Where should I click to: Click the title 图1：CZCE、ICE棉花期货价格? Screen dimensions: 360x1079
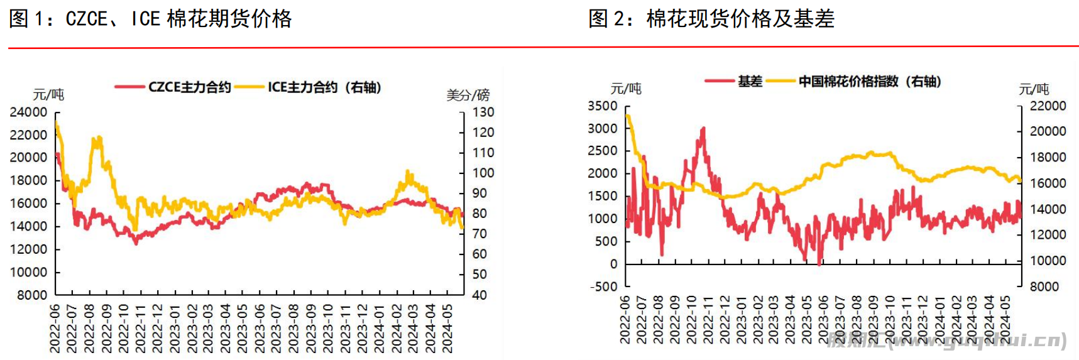[x=150, y=19]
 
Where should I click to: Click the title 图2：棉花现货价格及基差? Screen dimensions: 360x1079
[x=711, y=19]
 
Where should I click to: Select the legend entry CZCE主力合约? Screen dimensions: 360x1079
[x=189, y=87]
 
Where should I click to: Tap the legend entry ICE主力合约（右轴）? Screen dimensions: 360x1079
[x=324, y=87]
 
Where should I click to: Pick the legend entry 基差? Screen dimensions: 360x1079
[x=750, y=81]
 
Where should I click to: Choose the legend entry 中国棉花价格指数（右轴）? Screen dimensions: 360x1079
[x=869, y=81]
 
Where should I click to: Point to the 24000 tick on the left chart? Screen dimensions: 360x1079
[x=28, y=112]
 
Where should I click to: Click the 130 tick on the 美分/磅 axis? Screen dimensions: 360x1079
[x=483, y=112]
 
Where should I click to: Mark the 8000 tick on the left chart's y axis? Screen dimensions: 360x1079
[x=32, y=295]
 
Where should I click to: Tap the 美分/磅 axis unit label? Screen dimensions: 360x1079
[x=468, y=95]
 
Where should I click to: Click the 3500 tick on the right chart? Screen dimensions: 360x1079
[x=603, y=106]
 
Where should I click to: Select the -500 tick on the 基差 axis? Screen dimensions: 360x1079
[x=604, y=286]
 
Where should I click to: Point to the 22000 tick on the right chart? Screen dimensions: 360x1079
[x=1048, y=106]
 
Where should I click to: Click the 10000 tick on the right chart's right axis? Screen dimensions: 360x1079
[x=1048, y=260]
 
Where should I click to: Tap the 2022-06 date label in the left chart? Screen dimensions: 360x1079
[x=55, y=328]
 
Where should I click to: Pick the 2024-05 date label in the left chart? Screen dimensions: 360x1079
[x=447, y=328]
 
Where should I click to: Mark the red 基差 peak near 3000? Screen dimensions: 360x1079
[x=703, y=129]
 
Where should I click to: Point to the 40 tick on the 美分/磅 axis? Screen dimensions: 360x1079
[x=479, y=295]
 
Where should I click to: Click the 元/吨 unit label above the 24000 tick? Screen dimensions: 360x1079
[x=48, y=95]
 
